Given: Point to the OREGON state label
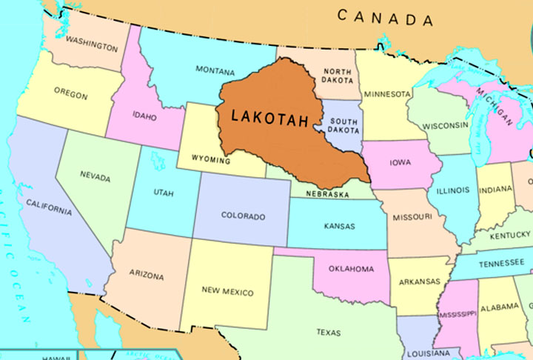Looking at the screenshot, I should (x=70, y=94).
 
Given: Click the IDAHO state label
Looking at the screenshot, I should (x=144, y=116).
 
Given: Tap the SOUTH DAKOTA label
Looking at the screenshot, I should (x=343, y=125).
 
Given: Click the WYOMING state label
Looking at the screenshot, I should (x=210, y=159).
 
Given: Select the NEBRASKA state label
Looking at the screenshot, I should (x=329, y=194).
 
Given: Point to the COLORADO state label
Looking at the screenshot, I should (x=243, y=216).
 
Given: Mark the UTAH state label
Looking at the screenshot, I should (x=164, y=193).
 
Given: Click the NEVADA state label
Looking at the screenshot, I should (x=95, y=177).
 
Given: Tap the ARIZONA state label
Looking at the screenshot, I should (x=146, y=276).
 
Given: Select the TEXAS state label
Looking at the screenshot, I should (x=328, y=333).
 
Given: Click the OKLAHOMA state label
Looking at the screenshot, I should (x=352, y=269).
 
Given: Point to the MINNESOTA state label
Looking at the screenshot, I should (x=387, y=95).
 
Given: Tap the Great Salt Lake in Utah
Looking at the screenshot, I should (x=157, y=159).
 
